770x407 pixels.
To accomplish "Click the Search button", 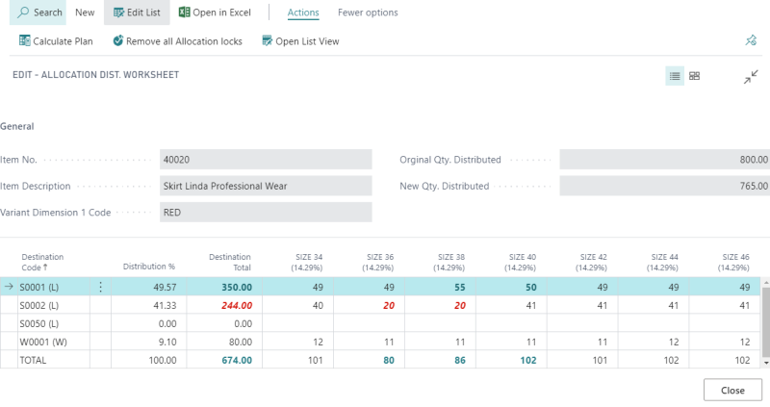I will coord(39,13).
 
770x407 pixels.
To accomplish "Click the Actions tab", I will coord(303,13).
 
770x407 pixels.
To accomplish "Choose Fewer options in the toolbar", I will coord(368,13).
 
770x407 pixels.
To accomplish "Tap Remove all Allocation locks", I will coord(177,41).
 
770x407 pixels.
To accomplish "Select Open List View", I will coord(299,41).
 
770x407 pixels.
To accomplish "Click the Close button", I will coord(732,390).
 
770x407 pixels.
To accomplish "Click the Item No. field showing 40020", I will coord(266,160).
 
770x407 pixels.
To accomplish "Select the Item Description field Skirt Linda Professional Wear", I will coord(266,186).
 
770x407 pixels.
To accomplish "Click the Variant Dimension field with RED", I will coord(266,212).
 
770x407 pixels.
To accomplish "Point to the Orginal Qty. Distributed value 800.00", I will coord(664,160).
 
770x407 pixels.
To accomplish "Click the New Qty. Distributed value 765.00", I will coord(664,186).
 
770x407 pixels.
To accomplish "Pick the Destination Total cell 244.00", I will coord(236,305).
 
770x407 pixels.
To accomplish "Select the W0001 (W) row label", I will coord(41,342).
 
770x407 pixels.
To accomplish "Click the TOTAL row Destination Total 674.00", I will coord(236,360).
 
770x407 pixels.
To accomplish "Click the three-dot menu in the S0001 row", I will coord(100,287).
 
